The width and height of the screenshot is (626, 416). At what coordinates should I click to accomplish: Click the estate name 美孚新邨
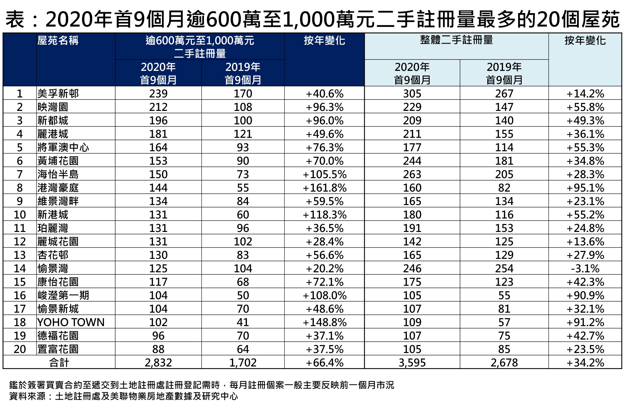pyautogui.click(x=58, y=94)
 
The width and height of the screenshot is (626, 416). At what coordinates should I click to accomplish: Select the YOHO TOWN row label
pyautogui.click(x=71, y=322)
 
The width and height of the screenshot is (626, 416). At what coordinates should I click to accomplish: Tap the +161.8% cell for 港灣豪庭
pyautogui.click(x=324, y=188)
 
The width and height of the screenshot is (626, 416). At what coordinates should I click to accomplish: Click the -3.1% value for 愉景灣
pyautogui.click(x=585, y=268)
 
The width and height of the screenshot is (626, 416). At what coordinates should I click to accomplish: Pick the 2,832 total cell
pyautogui.click(x=158, y=363)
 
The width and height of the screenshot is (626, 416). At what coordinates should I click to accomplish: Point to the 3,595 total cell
pyautogui.click(x=412, y=363)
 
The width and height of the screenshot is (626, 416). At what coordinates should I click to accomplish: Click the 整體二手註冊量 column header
pyautogui.click(x=456, y=40)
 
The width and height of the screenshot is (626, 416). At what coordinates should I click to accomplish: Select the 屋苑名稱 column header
pyautogui.click(x=58, y=41)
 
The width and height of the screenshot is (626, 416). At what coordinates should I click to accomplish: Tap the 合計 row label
pyautogui.click(x=59, y=363)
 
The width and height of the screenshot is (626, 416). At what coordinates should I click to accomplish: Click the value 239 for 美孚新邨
pyautogui.click(x=158, y=94)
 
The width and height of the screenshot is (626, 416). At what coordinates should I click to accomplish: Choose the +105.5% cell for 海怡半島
pyautogui.click(x=324, y=174)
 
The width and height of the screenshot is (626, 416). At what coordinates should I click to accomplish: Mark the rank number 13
pyautogui.click(x=20, y=255)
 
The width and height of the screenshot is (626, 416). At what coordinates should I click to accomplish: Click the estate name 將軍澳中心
pyautogui.click(x=63, y=147)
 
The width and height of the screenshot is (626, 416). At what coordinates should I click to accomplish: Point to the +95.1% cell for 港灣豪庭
pyautogui.click(x=585, y=188)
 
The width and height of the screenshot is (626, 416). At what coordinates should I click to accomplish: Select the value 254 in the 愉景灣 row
pyautogui.click(x=504, y=268)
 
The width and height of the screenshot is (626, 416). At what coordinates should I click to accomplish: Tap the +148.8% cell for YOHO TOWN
pyautogui.click(x=324, y=322)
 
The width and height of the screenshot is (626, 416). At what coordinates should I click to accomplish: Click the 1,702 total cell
pyautogui.click(x=243, y=363)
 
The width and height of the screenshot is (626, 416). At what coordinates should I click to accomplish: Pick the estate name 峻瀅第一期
pyautogui.click(x=63, y=295)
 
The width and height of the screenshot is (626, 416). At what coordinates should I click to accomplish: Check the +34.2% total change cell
pyautogui.click(x=585, y=363)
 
